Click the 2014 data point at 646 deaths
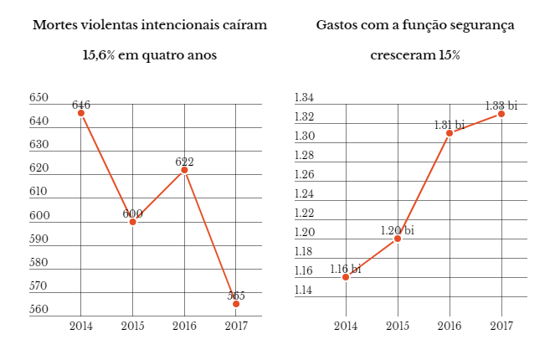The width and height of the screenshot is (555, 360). [x=81, y=113]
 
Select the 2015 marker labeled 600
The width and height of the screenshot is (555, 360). [x=132, y=222]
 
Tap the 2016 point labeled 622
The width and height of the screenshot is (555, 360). [x=185, y=170]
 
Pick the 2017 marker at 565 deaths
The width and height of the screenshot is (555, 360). [x=236, y=304]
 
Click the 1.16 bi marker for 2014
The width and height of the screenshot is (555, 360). [x=346, y=277]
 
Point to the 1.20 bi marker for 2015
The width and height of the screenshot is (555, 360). [x=398, y=239]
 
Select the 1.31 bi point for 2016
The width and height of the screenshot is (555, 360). [x=450, y=133]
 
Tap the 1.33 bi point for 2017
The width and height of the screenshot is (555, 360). [x=501, y=114]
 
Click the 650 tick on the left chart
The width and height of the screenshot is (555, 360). [x=39, y=98]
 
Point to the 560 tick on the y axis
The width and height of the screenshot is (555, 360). [x=39, y=310]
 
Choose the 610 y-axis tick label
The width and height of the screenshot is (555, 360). [x=39, y=192]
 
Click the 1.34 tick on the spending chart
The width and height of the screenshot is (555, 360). [x=304, y=98]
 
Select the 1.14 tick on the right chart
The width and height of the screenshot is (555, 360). [x=304, y=291]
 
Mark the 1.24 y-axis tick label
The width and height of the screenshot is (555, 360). [x=304, y=194]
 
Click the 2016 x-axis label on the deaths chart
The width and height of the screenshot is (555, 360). [x=185, y=326]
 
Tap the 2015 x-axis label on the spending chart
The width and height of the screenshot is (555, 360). [x=398, y=326]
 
